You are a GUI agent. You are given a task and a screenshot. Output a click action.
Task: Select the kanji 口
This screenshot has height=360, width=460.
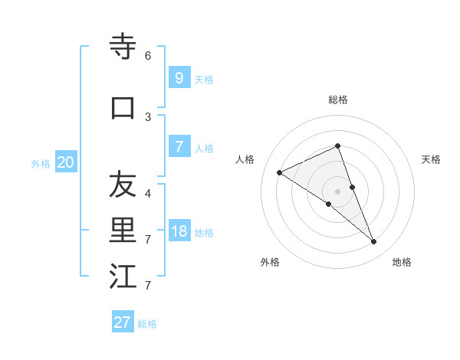123,108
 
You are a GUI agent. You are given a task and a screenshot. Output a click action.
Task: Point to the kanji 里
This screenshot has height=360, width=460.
123,231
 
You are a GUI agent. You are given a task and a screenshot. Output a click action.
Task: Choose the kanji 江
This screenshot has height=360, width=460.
123,277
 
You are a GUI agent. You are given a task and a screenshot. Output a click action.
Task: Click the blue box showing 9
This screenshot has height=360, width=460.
179,77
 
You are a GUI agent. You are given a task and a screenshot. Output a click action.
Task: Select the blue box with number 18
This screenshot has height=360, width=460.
179,232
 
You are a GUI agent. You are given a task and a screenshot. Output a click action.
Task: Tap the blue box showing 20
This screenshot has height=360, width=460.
65,162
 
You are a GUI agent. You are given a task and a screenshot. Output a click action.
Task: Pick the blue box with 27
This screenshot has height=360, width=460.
123,322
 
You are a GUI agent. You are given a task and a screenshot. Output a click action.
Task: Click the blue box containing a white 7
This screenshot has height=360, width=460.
179,147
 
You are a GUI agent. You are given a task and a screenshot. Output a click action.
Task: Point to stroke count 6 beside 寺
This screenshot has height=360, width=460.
148,56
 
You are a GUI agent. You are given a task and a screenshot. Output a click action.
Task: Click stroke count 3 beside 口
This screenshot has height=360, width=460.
148,116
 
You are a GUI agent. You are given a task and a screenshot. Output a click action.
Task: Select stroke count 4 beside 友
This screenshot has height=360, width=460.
148,193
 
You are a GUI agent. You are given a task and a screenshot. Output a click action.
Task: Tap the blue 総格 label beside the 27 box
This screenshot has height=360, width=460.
147,324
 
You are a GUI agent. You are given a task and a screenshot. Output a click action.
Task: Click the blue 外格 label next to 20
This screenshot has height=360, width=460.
41,164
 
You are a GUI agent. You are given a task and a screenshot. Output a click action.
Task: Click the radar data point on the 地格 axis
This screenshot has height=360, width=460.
374,242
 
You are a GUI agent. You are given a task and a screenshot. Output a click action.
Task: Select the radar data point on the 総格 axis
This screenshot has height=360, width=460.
338,146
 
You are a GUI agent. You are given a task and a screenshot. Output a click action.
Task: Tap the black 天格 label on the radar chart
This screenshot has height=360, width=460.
431,159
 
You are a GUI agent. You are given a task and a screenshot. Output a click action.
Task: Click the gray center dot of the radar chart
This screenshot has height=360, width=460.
338,191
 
